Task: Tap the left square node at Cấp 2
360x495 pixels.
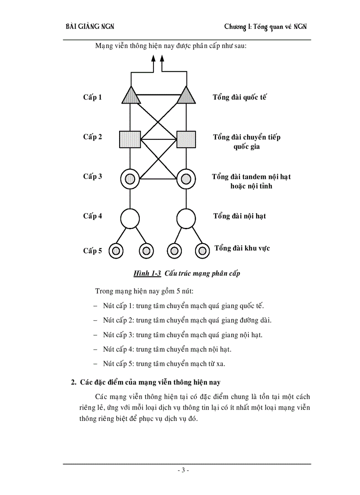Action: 130,139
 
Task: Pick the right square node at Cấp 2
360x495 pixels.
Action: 186,139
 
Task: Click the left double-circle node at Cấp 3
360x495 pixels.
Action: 130,179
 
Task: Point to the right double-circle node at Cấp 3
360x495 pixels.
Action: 186,179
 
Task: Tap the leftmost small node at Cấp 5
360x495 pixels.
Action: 116,251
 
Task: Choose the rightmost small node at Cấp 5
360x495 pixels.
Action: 202,251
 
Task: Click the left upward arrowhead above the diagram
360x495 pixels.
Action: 153,59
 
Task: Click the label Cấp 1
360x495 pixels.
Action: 93,97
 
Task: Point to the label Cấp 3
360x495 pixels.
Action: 93,177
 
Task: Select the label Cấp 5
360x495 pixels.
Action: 93,251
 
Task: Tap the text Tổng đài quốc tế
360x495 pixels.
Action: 240,97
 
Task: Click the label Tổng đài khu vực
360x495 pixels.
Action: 242,248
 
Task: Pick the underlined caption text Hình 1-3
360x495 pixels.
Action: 147,274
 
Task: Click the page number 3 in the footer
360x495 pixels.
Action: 183,470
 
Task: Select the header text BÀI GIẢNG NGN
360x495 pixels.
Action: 90,27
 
